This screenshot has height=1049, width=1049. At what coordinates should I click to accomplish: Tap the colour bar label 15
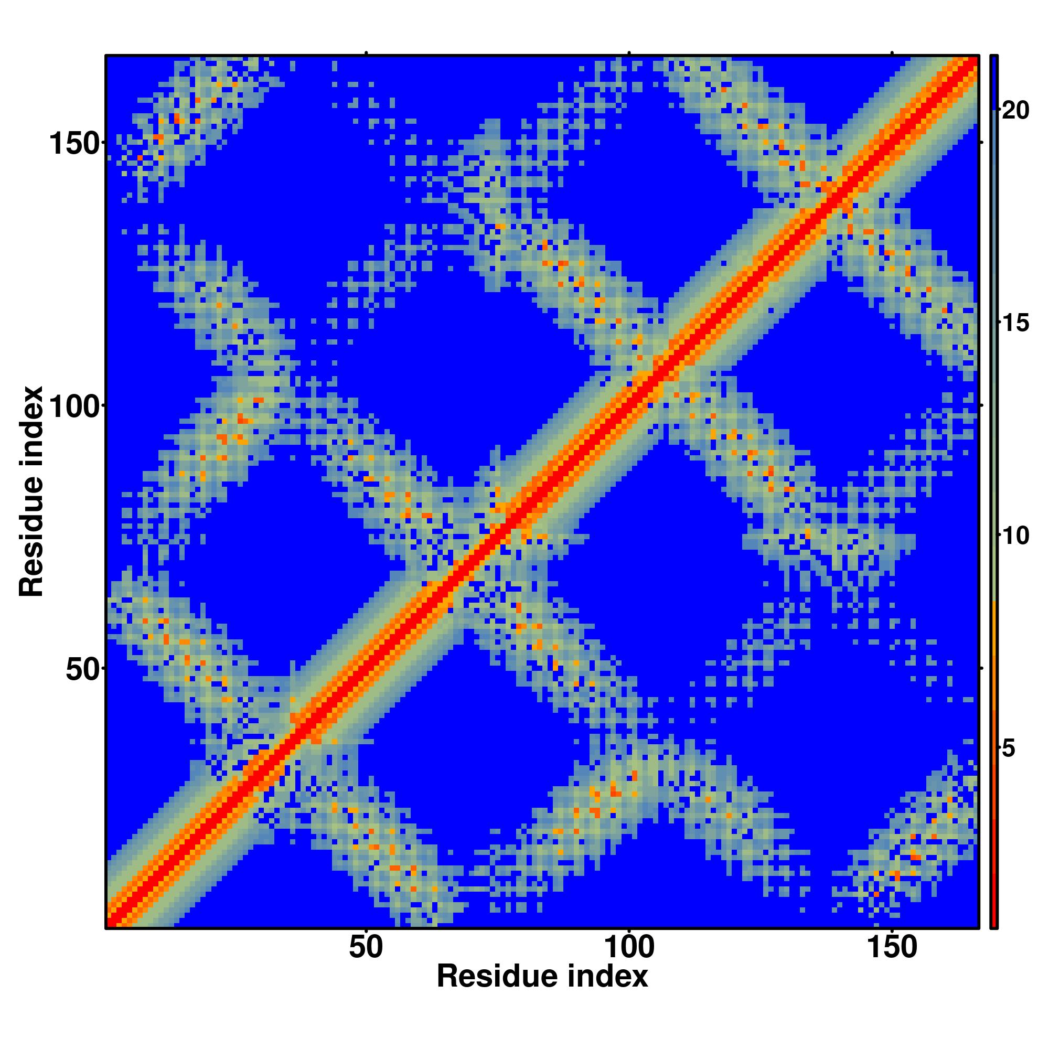(1015, 324)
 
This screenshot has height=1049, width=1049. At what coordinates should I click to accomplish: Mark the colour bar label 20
(1015, 111)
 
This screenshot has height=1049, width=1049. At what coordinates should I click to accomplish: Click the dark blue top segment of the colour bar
(993, 81)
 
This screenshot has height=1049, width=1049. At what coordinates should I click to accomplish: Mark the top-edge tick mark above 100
(629, 52)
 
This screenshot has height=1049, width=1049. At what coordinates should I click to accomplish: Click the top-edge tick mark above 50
(366, 52)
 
